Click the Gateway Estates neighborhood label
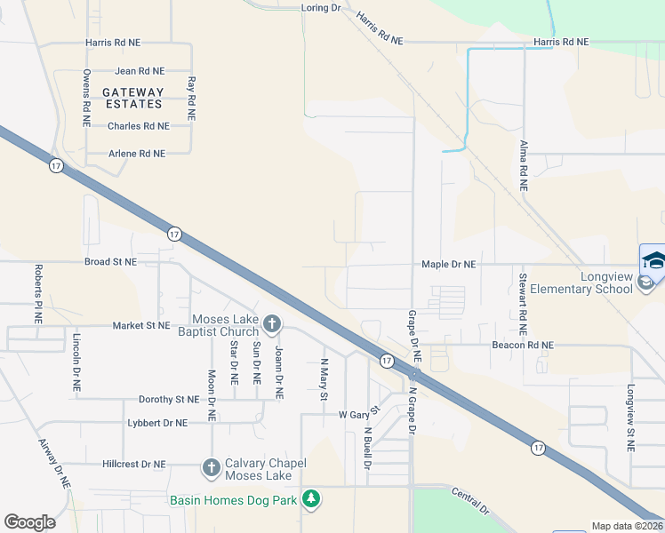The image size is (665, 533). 132,98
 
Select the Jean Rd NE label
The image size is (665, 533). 140,70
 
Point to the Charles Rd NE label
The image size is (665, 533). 138,126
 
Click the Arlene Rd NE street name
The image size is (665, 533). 137,154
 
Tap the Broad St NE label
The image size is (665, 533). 110,262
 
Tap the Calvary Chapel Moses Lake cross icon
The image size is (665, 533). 211,466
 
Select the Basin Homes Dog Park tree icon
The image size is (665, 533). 311,500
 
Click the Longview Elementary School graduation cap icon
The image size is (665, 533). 653,260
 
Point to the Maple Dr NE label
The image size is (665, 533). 448,265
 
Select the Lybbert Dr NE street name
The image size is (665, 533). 157,424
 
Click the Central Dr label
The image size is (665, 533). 470,501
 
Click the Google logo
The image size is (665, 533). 29,522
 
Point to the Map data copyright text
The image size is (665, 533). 627,526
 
